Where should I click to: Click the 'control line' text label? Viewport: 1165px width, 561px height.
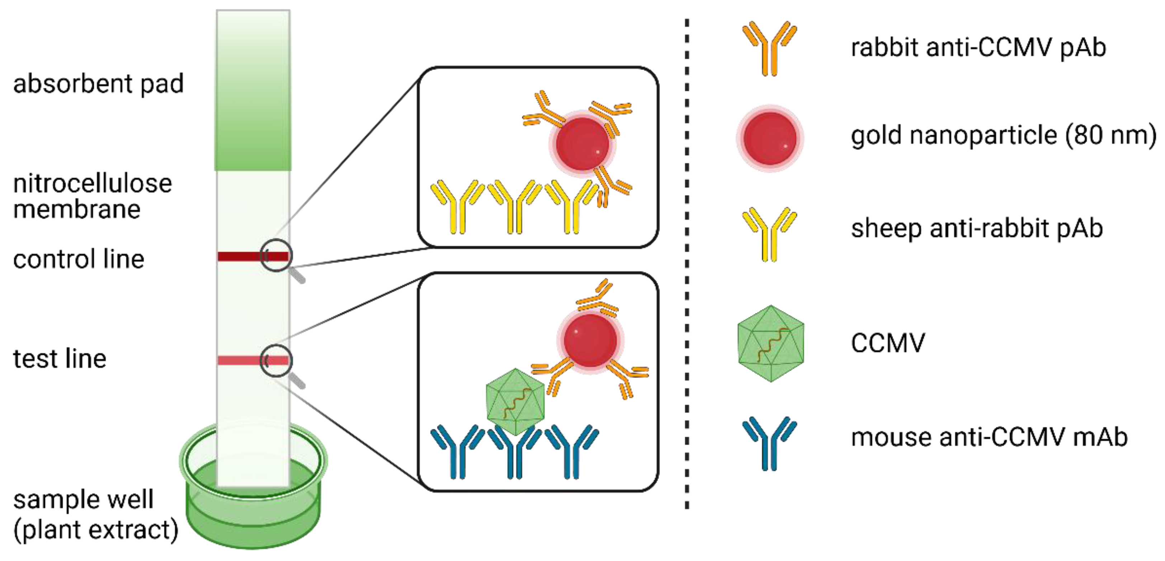coord(79,259)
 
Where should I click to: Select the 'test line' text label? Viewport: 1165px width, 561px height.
coord(60,359)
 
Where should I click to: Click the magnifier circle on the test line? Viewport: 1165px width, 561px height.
coord(276,360)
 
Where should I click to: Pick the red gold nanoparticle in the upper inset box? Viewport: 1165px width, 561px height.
coord(582,144)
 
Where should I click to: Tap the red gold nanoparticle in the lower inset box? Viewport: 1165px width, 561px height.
coord(590,340)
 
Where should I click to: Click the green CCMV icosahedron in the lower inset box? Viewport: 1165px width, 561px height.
coord(515,402)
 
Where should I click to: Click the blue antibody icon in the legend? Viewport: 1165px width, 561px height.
coord(769,443)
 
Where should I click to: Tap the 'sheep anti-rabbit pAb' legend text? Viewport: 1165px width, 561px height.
coord(977,228)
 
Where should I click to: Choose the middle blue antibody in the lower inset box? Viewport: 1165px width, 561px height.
coord(515,452)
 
